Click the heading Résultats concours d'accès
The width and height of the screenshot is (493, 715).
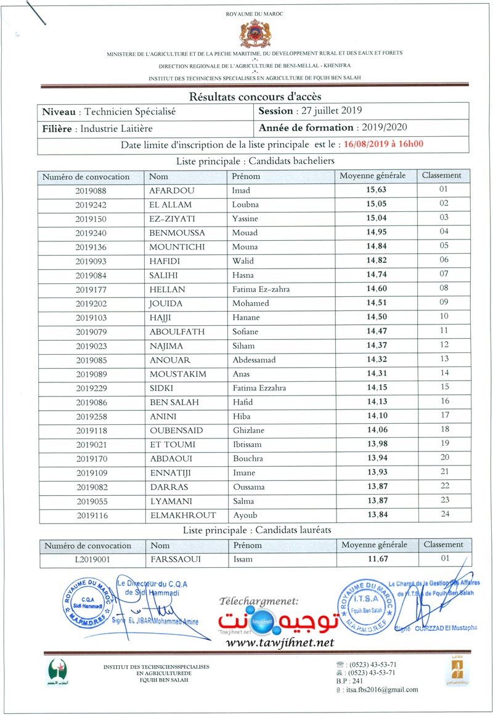[255, 97]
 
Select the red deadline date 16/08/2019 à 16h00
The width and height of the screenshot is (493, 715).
[384, 144]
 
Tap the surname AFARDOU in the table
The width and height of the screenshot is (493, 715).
[171, 190]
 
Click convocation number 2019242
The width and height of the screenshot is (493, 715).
[91, 204]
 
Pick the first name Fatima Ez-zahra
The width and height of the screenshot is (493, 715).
[261, 289]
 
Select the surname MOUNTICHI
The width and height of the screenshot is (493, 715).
[178, 247]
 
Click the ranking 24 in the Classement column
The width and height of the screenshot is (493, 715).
[444, 515]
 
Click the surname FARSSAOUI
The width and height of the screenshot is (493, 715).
[176, 559]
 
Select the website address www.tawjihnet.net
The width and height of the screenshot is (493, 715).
[280, 642]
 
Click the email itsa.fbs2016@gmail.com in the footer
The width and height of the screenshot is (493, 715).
[382, 690]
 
